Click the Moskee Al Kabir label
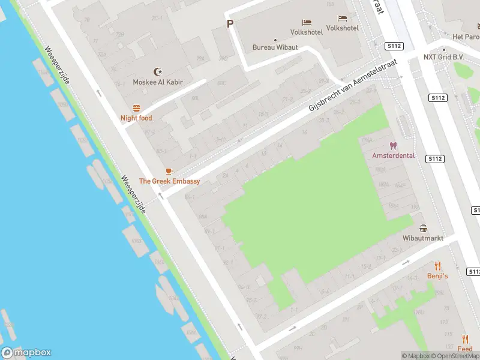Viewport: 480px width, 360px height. [x=158, y=82]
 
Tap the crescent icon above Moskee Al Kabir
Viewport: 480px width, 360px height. [x=158, y=71]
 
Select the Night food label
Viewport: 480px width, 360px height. [x=136, y=118]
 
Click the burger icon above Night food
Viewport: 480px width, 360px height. [x=136, y=108]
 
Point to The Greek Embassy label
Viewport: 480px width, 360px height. [x=169, y=181]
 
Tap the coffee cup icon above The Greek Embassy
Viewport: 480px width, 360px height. [x=169, y=171]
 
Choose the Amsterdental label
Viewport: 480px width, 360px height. [x=394, y=155]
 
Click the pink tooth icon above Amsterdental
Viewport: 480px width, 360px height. [x=394, y=145]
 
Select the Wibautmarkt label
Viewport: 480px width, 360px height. [x=423, y=238]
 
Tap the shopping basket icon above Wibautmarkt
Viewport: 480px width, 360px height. [x=424, y=228]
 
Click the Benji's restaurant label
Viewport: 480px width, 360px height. [x=437, y=276]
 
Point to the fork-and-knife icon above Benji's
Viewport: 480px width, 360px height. [x=437, y=266]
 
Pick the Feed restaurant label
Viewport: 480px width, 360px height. [x=465, y=349]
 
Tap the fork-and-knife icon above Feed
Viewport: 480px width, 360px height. [x=465, y=339]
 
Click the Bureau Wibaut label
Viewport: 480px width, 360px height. [x=275, y=47]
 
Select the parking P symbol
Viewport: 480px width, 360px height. [x=229, y=24]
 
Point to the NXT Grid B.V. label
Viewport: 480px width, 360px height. [x=444, y=58]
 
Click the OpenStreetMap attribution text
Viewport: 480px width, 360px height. [x=456, y=356]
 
